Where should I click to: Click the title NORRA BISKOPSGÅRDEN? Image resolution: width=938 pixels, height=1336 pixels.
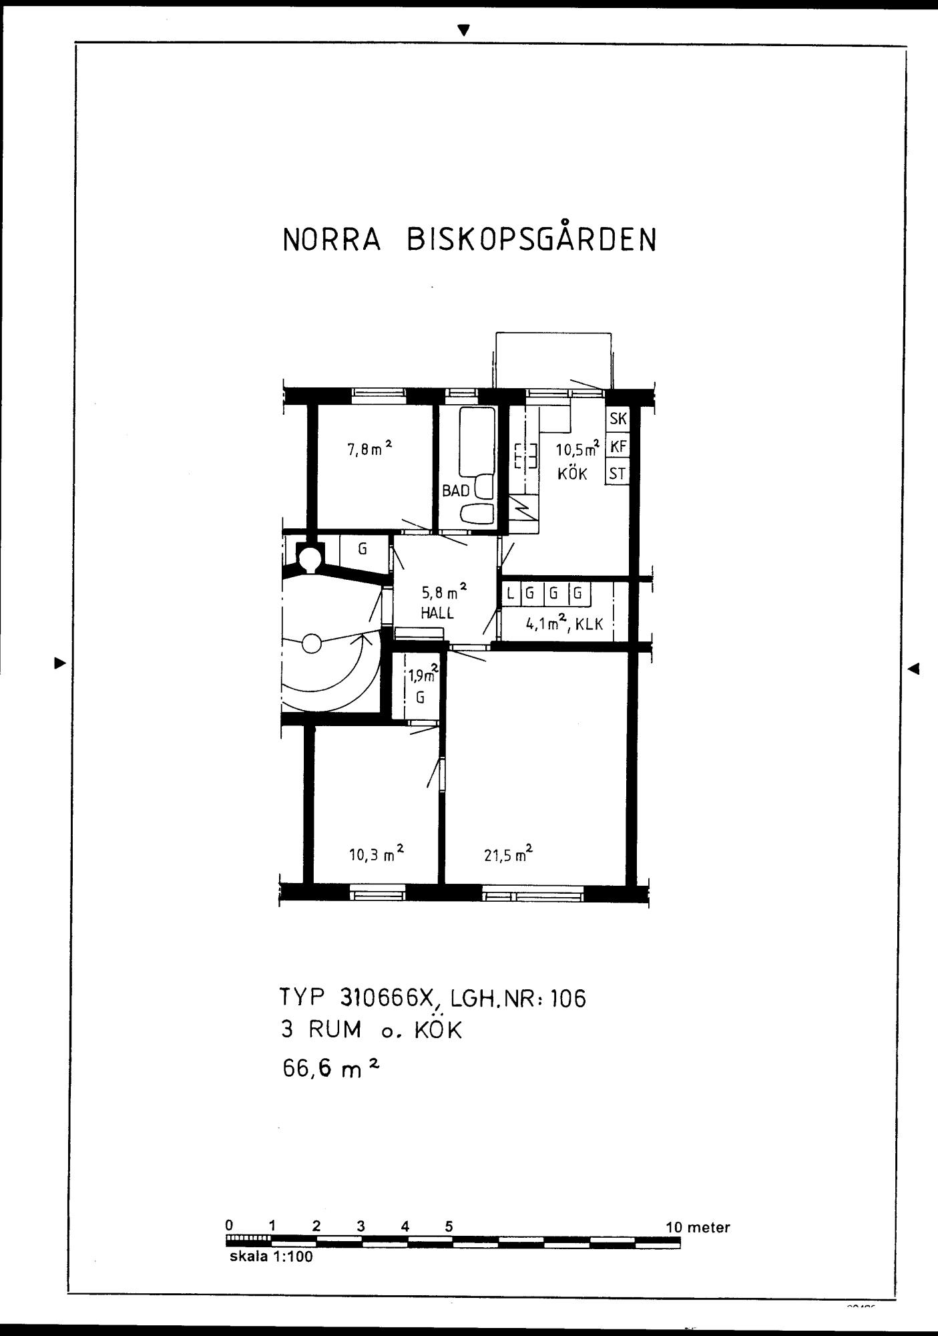pyautogui.click(x=470, y=238)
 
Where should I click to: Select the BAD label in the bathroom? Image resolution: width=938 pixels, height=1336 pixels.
pyautogui.click(x=456, y=491)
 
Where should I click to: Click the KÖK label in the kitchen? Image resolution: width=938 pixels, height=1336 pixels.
pyautogui.click(x=573, y=474)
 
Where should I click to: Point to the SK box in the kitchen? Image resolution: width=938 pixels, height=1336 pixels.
pyautogui.click(x=618, y=419)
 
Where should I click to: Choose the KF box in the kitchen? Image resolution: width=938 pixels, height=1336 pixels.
pyautogui.click(x=618, y=446)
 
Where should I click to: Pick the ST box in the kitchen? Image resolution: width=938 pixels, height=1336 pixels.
pyautogui.click(x=618, y=474)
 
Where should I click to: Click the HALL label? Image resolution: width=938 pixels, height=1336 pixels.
pyautogui.click(x=437, y=613)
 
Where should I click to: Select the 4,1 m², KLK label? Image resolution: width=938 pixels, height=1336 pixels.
pyautogui.click(x=565, y=624)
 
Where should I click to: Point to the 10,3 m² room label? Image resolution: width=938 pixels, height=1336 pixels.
pyautogui.click(x=377, y=853)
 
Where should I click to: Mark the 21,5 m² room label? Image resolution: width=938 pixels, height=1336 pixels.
pyautogui.click(x=508, y=853)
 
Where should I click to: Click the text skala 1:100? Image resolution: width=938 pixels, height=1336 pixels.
pyautogui.click(x=271, y=1257)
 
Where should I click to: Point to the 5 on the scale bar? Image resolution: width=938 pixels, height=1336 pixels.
pyautogui.click(x=449, y=1226)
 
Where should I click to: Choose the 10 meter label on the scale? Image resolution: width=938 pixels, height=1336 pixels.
pyautogui.click(x=698, y=1227)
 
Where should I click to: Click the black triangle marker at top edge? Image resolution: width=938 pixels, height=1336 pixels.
pyautogui.click(x=465, y=30)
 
